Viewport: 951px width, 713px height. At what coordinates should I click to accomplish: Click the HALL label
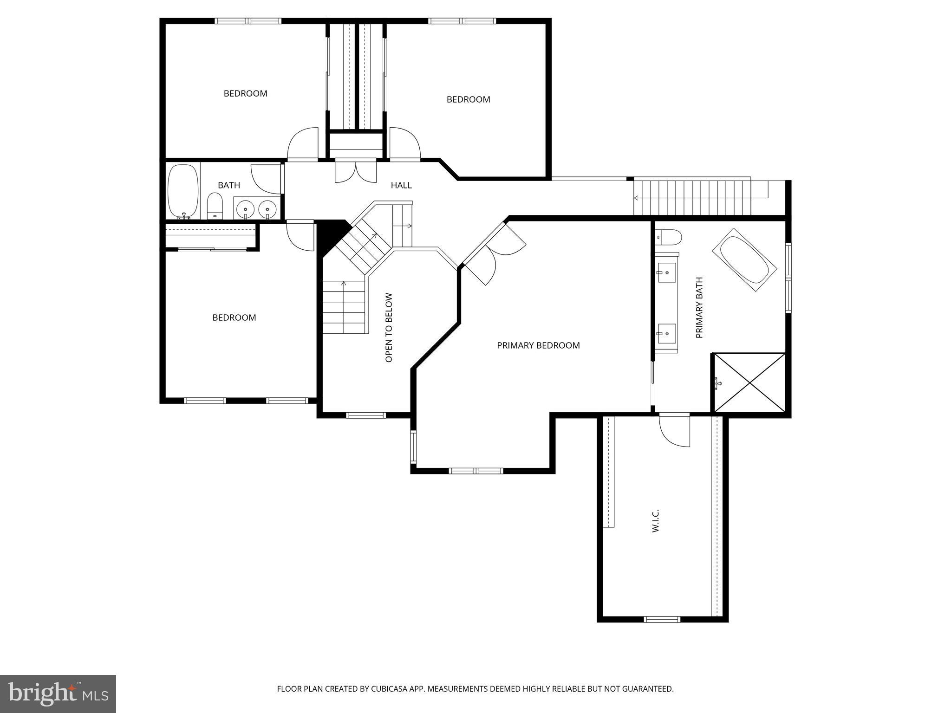click(401, 185)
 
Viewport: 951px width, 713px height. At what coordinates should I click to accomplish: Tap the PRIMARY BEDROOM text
click(538, 345)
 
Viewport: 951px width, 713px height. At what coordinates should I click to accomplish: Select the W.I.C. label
click(656, 521)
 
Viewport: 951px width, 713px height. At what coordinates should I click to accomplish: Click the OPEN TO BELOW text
click(389, 327)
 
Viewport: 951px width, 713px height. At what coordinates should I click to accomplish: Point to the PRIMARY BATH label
click(699, 307)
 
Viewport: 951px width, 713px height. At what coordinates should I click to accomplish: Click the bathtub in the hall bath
click(182, 191)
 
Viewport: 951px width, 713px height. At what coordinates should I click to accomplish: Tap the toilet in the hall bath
click(215, 206)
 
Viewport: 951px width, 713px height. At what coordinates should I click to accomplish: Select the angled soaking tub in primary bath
click(744, 260)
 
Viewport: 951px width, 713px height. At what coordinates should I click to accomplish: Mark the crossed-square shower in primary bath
click(749, 382)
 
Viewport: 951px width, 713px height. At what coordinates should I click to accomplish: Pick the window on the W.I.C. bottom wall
click(662, 619)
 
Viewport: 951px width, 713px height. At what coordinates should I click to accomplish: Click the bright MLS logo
click(58, 694)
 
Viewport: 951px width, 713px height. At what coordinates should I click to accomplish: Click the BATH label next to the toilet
click(229, 185)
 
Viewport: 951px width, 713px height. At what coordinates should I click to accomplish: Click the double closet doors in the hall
click(355, 171)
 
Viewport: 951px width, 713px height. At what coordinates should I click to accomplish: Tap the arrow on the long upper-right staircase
click(636, 198)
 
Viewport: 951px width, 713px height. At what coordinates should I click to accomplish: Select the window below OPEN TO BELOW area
click(366, 415)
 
